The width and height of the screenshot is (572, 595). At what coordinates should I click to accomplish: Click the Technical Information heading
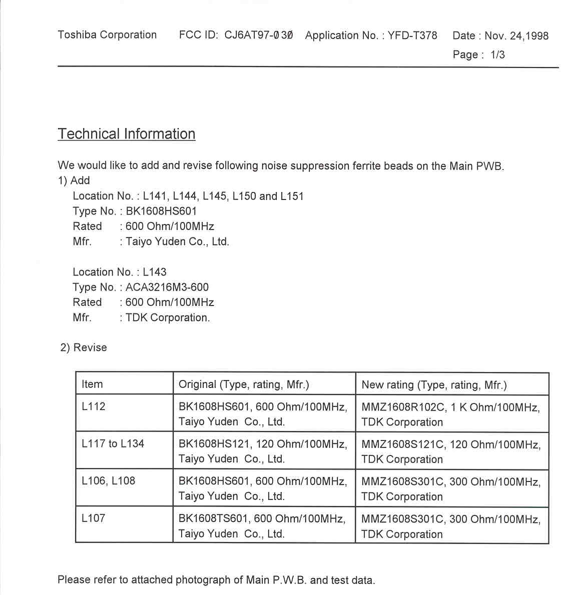coord(126,134)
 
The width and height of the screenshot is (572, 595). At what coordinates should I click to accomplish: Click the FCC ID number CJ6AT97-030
coord(258,35)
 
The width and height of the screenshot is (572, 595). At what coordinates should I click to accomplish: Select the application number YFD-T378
coord(412,35)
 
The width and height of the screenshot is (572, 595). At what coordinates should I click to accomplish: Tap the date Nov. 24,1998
coord(516,35)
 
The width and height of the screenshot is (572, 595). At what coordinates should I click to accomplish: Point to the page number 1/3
coord(497,54)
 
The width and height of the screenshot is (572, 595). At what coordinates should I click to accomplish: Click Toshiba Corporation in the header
coord(107,35)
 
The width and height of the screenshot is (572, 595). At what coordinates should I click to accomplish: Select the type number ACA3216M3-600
coord(167,287)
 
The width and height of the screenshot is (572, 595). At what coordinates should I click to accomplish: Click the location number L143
coord(155,272)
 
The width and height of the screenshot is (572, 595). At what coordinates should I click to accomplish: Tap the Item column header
coord(92,384)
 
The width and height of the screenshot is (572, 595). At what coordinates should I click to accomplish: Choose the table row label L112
coord(94,406)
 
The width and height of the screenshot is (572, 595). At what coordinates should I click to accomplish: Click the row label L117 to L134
coord(113,443)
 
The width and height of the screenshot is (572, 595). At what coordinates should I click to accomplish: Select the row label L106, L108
coord(108,481)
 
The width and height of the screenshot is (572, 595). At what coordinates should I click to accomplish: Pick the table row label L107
coord(94,518)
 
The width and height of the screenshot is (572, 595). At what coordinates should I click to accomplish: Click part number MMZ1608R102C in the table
coord(403,407)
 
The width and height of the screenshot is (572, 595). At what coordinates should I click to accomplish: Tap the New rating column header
coord(434,385)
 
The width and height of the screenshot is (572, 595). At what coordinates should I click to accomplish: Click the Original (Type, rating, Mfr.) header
coord(244,384)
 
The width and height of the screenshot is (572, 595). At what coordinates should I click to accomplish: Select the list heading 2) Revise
coord(84,347)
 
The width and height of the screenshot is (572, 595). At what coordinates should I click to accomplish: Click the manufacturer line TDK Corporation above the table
coord(168,317)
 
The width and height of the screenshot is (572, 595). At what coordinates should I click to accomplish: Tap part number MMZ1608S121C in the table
coord(402,444)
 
